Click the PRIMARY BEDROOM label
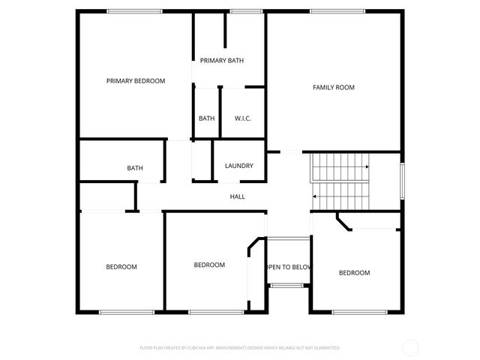click(136, 81)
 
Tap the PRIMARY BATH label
click(221, 61)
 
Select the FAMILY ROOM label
click(334, 88)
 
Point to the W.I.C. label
click(242, 118)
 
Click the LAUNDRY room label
click(239, 166)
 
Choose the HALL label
click(237, 196)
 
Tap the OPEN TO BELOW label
click(289, 267)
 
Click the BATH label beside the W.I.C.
click(207, 118)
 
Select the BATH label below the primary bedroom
click(135, 169)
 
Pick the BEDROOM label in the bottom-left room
click(121, 267)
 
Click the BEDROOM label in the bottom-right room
click(354, 273)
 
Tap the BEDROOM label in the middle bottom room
click(209, 265)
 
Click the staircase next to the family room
click(340, 181)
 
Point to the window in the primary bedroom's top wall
click(134, 10)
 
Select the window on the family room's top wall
click(337, 10)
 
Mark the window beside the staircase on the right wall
click(402, 180)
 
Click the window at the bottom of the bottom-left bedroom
click(121, 312)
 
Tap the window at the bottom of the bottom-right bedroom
click(354, 312)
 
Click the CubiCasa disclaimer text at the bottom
click(240, 348)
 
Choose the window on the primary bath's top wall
click(241, 10)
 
